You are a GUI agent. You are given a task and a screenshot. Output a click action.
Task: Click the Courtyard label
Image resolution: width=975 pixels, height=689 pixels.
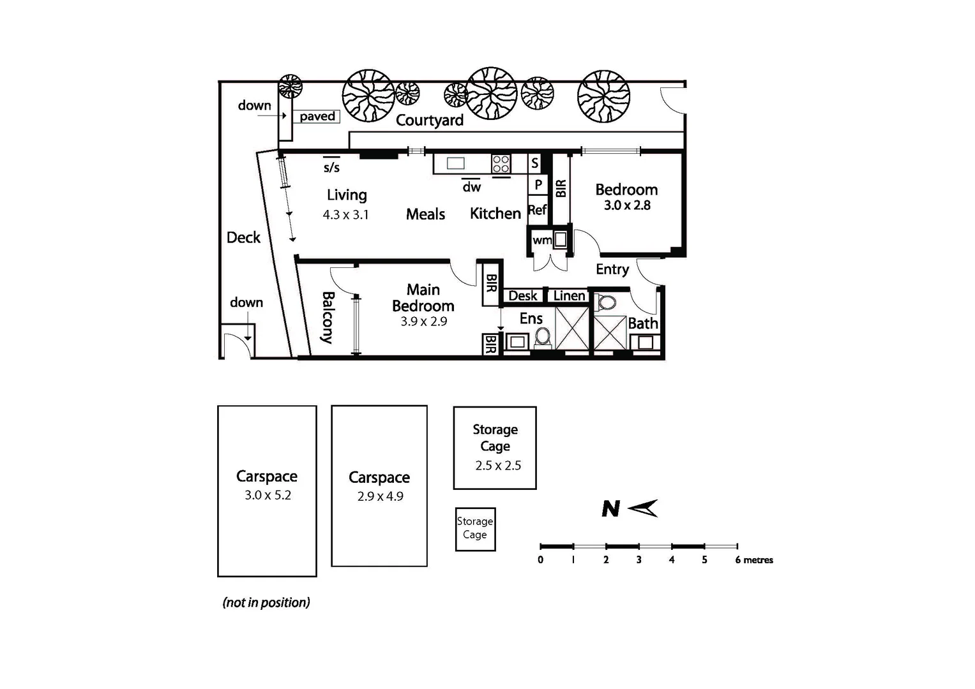(x=429, y=120)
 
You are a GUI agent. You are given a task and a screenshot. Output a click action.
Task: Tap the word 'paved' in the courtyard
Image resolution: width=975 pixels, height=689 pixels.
(x=317, y=116)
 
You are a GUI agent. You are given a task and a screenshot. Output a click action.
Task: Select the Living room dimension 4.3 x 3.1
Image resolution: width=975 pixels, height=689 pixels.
(x=345, y=215)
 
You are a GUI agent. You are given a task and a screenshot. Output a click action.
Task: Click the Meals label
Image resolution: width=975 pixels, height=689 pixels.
(x=425, y=214)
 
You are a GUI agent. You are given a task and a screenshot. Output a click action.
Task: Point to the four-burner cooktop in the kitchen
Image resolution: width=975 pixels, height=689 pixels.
(x=501, y=164)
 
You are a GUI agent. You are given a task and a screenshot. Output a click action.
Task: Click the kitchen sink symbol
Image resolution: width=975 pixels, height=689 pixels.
(x=455, y=163)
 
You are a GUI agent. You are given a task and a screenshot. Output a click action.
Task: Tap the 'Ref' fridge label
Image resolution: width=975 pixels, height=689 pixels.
(x=537, y=210)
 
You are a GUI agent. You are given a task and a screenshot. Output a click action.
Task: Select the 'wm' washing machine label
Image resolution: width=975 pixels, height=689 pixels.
(x=541, y=241)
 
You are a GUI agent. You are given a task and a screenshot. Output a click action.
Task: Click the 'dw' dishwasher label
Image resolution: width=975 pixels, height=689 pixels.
(x=471, y=187)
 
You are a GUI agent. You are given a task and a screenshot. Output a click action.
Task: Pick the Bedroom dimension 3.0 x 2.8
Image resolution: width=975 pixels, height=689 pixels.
(x=627, y=205)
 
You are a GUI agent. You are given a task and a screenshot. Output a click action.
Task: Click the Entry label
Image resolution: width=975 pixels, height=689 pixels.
(x=612, y=269)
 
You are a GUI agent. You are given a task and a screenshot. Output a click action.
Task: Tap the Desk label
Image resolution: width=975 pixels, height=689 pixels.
(x=522, y=296)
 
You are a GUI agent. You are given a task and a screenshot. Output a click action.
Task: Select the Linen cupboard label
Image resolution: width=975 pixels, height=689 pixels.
(x=568, y=296)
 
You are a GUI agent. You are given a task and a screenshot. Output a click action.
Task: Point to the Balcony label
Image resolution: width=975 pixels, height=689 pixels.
(x=328, y=318)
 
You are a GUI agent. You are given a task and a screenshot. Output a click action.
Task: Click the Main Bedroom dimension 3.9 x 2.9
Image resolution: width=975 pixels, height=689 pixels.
(x=423, y=322)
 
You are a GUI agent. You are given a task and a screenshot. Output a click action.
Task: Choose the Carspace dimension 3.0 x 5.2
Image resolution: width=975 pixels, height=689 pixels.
(x=268, y=495)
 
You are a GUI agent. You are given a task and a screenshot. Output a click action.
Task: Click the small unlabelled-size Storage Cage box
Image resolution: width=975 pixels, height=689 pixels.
(x=475, y=528)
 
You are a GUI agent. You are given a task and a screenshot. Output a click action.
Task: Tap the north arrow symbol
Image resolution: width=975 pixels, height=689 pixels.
(x=642, y=508)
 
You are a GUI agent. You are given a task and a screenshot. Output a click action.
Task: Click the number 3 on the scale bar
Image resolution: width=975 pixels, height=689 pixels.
(x=639, y=560)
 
